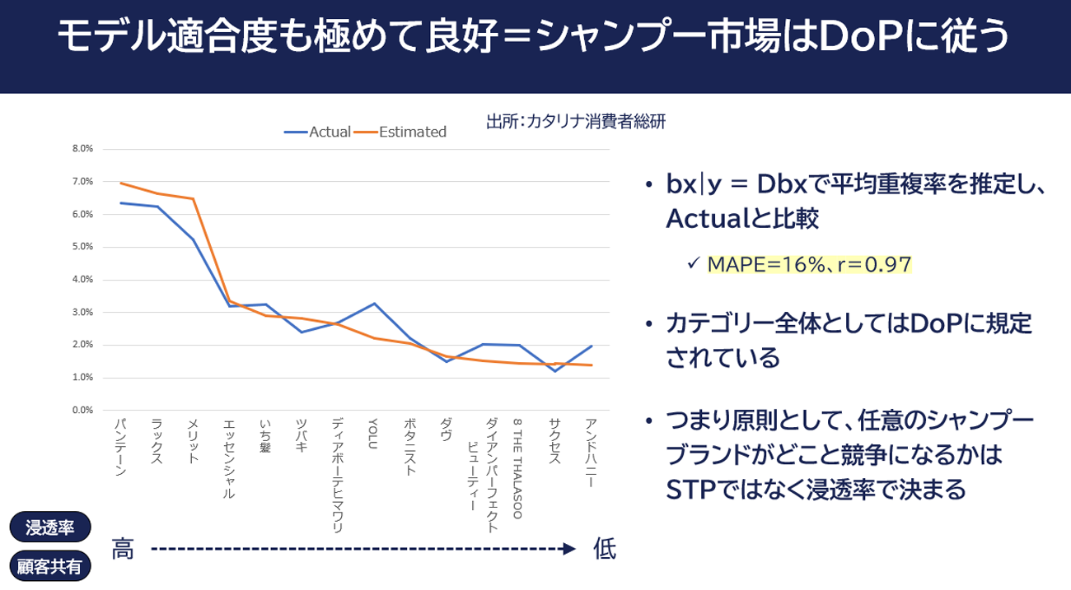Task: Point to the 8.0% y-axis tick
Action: pyautogui.click(x=83, y=149)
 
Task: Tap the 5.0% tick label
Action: pyautogui.click(x=83, y=247)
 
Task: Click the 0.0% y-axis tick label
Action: pyautogui.click(x=83, y=410)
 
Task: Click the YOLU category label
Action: pyautogui.click(x=373, y=433)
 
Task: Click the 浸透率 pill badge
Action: pyautogui.click(x=50, y=527)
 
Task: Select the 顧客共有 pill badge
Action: pyautogui.click(x=50, y=567)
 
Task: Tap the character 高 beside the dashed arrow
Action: pyautogui.click(x=124, y=549)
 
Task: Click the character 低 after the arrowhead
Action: pyautogui.click(x=605, y=549)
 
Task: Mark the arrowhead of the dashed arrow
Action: pyautogui.click(x=569, y=549)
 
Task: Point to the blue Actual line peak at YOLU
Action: pyautogui.click(x=374, y=304)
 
